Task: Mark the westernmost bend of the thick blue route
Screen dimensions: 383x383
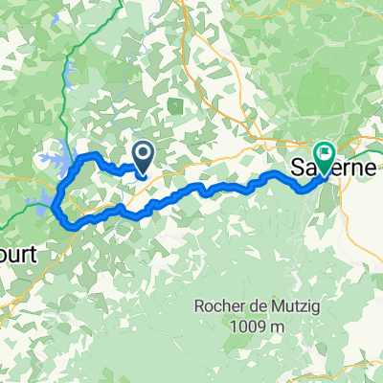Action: pos(56,201)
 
